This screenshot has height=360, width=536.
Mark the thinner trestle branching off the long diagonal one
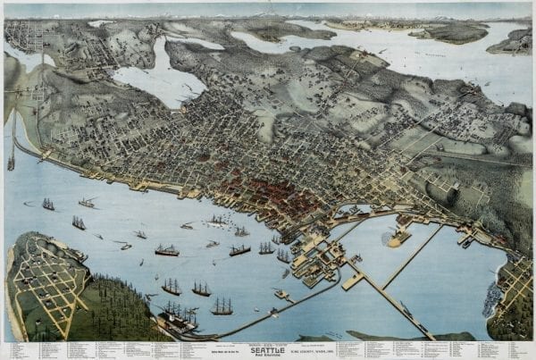point(414,255)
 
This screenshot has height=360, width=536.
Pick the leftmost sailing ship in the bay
point(47,205)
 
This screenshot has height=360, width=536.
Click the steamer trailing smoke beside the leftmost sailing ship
point(88,203)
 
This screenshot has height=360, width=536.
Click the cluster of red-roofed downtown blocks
point(268,192)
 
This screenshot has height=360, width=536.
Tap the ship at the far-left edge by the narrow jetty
point(11,163)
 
